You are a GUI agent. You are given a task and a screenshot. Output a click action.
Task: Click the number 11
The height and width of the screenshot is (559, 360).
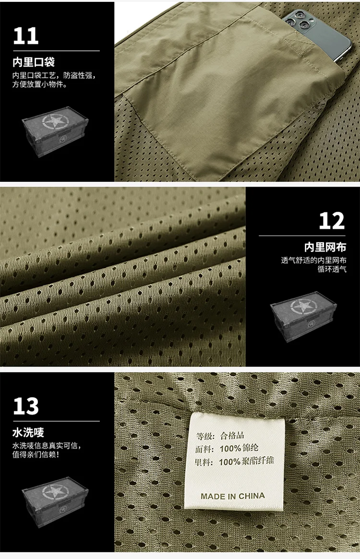coord(26,36)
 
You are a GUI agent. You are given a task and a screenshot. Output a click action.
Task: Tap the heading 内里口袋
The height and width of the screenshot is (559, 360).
coord(34,62)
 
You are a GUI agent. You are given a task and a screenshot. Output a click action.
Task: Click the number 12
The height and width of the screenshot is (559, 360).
coord(332,221)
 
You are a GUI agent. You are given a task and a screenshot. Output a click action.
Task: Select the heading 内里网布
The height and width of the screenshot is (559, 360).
coord(325,247)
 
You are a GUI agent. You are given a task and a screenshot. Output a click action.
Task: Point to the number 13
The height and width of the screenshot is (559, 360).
coord(26,406)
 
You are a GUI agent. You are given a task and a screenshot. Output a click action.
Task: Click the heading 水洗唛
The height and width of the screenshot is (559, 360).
coord(28,432)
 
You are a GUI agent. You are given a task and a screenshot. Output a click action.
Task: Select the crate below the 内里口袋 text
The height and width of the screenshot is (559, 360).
coord(55,131)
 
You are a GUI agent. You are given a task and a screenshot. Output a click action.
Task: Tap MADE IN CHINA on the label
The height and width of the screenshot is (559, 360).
coord(233,496)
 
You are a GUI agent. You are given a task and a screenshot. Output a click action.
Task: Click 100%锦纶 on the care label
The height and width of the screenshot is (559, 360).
coord(239,448)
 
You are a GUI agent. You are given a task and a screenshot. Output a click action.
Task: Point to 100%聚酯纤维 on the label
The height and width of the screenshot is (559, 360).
coord(246,461)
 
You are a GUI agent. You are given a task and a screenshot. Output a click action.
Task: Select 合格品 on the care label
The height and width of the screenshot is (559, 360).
coord(232,435)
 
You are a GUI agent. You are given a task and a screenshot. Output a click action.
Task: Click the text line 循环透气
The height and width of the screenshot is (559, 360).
coord(332,269)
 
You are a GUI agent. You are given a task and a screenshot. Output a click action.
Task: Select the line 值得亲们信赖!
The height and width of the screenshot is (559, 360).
coord(36,454)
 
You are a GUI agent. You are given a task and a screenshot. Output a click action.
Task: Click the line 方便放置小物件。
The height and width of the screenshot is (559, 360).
coord(40,84)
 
